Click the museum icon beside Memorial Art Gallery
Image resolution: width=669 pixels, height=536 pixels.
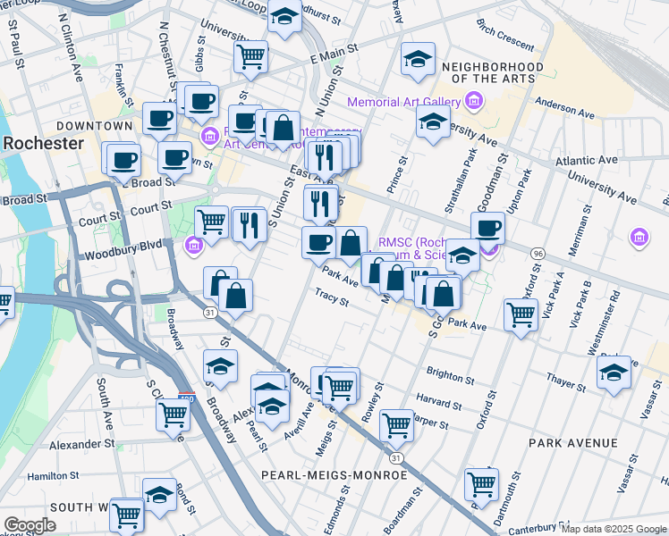[x=471, y=102]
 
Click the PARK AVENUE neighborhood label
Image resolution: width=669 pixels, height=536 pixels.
[x=572, y=443]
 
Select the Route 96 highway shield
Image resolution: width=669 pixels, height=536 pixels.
[x=537, y=254]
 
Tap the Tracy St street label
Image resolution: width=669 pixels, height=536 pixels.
[x=332, y=297]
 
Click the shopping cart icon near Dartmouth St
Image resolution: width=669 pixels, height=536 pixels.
[x=481, y=483]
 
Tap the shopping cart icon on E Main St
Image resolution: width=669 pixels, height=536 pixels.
[x=251, y=56]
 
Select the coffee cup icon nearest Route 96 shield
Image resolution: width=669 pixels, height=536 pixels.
[x=488, y=227]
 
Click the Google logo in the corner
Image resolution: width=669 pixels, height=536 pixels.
[x=30, y=525]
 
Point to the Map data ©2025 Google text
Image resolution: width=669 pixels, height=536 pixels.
[x=614, y=529]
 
